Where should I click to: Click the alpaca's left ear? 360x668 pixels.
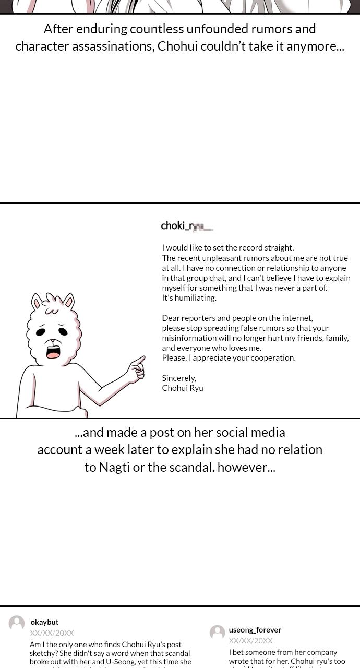pyautogui.click(x=37, y=303)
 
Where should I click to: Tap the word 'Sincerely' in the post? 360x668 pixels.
pyautogui.click(x=178, y=378)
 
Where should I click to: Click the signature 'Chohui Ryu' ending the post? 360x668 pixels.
pyautogui.click(x=183, y=388)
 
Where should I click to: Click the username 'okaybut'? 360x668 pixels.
pyautogui.click(x=44, y=622)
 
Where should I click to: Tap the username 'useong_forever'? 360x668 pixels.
pyautogui.click(x=255, y=630)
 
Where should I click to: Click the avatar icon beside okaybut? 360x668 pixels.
pyautogui.click(x=17, y=623)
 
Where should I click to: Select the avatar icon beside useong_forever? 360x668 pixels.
pyautogui.click(x=217, y=633)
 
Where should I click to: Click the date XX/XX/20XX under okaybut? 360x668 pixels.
pyautogui.click(x=52, y=633)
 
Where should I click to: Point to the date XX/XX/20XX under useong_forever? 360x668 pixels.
pyautogui.click(x=250, y=641)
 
